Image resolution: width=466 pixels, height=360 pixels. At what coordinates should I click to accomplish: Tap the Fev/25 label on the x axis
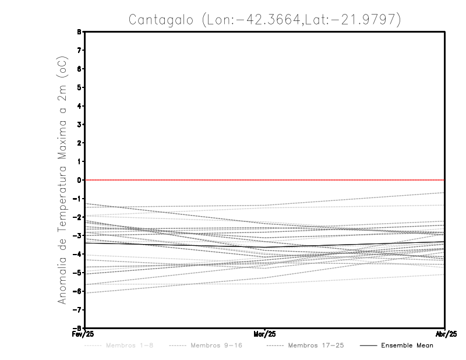coord(83,334)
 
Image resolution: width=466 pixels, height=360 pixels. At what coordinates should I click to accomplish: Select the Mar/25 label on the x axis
coord(265,334)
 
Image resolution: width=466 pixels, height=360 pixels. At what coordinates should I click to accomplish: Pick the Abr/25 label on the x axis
coord(445,334)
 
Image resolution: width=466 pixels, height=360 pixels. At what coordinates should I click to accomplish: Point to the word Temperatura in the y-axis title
coord(62,206)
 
